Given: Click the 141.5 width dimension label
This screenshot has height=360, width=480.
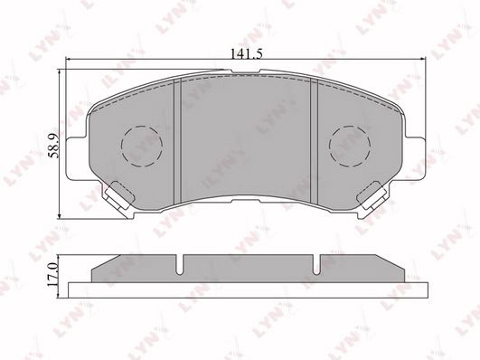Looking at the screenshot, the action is click(246, 54).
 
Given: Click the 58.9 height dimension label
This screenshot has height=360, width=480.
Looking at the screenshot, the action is click(53, 146).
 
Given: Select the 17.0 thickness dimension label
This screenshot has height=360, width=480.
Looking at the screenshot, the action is click(52, 274).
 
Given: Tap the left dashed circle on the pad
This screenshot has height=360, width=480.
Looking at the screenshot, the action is click(142, 147).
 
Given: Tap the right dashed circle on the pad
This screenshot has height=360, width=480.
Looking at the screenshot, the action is click(350, 147).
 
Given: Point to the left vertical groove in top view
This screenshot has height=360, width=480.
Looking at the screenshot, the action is click(177, 141).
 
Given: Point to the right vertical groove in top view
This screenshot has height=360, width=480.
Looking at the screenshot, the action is click(315, 141).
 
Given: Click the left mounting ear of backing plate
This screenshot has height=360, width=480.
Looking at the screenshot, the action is click(76, 158).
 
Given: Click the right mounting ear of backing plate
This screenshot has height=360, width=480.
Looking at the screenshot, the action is click(415, 158).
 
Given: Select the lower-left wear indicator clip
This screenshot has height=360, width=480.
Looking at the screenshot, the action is click(119, 196).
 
